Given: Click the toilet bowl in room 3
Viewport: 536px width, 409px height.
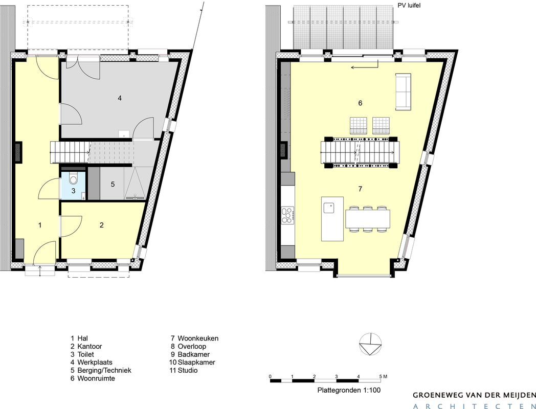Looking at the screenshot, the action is (73, 179).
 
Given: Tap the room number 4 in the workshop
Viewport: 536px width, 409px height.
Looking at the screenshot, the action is (120, 98).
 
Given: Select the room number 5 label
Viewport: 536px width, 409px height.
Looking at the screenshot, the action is (113, 185).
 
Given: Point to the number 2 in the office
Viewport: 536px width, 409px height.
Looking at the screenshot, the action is (102, 225).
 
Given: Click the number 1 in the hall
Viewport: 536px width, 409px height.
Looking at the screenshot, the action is (40, 225).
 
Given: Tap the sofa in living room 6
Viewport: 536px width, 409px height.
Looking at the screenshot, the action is (404, 92).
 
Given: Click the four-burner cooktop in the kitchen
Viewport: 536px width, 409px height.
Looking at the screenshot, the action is (287, 215).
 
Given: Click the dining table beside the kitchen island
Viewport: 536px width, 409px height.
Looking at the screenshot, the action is (368, 219).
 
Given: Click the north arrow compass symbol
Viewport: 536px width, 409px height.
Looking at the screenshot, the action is (371, 344).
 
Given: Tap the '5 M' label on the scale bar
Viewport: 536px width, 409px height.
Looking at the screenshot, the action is (383, 377).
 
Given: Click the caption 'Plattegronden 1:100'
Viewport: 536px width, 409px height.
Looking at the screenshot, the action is (349, 390).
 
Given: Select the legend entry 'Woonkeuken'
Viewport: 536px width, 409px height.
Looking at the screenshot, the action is (198, 338).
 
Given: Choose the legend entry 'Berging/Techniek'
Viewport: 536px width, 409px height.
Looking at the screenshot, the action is (104, 370).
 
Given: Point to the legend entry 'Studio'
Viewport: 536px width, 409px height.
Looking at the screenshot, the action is (188, 370).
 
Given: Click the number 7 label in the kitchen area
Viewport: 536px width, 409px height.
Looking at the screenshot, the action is (360, 189).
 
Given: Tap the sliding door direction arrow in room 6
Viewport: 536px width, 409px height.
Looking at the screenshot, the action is (365, 65).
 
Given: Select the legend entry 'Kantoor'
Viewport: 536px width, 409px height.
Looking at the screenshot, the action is (90, 347).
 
